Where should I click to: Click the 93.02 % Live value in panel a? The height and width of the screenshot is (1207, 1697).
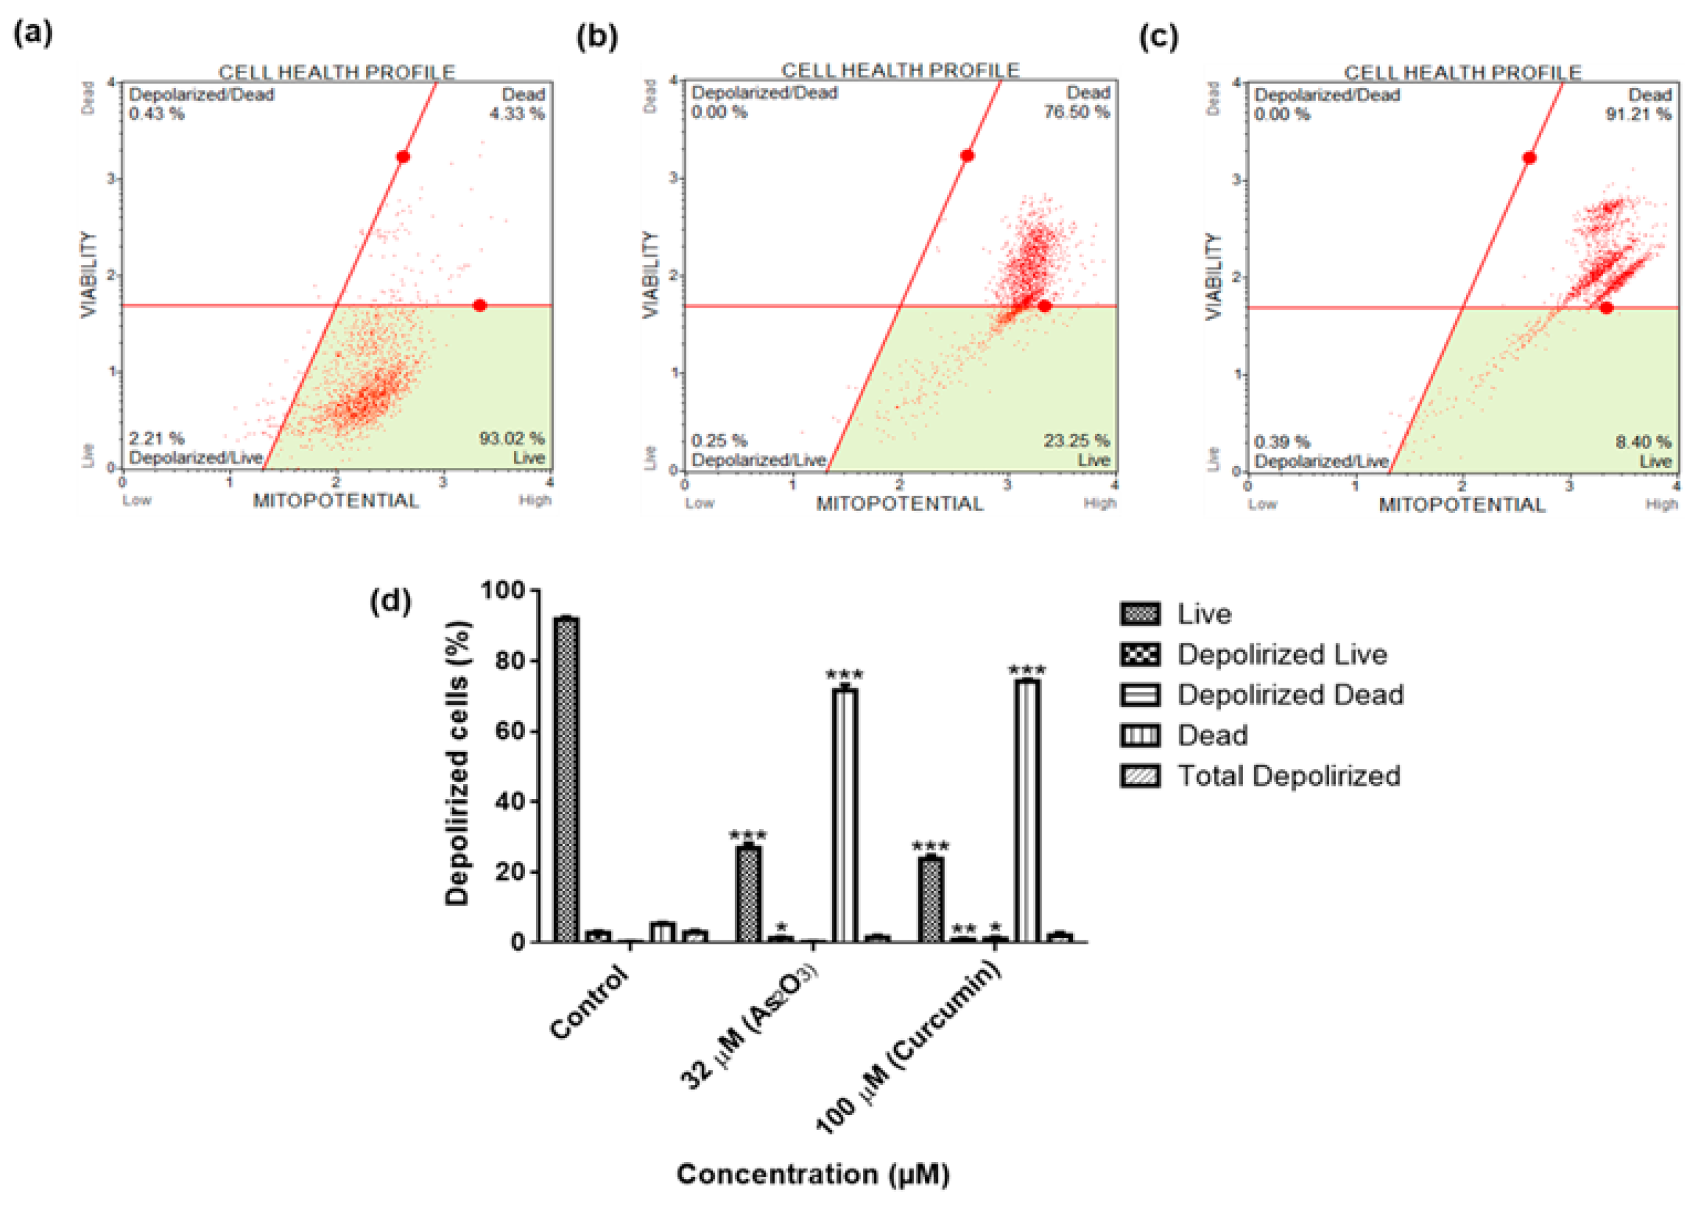click(511, 438)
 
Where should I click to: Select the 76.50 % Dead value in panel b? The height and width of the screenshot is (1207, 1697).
click(1076, 112)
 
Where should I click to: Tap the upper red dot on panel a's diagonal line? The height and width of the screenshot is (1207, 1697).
click(402, 157)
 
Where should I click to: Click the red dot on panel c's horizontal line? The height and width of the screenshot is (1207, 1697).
click(1606, 308)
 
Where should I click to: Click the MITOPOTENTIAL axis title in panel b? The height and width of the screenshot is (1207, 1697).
click(899, 504)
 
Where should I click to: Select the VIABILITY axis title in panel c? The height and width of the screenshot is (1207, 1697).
click(1213, 276)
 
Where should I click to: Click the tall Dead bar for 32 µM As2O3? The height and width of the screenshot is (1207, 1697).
click(845, 815)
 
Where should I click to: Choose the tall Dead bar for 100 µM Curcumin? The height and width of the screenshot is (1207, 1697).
click(1027, 810)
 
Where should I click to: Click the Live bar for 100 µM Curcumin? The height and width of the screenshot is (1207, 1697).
click(930, 899)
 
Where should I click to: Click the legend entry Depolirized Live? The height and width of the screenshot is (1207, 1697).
click(1282, 655)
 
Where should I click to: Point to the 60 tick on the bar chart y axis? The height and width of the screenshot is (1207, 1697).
click(513, 731)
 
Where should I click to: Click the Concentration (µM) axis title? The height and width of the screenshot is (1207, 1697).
click(813, 1174)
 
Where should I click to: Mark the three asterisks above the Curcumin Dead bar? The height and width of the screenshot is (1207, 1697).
click(1027, 671)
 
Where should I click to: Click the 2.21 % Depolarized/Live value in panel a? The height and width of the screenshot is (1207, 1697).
click(156, 438)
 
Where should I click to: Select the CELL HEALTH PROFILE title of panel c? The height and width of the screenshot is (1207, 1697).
click(1462, 72)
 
